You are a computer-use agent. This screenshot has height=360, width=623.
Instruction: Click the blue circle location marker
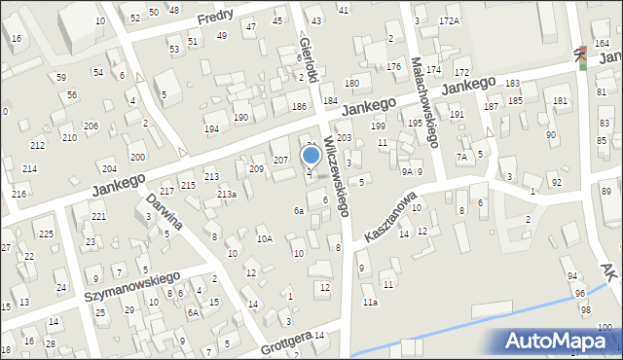coord(311,155)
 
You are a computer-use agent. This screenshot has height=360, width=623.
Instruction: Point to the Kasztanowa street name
coord(391,217)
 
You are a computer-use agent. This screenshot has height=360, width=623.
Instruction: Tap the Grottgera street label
coord(286,342)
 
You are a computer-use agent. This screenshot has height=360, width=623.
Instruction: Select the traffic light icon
coord(581,58)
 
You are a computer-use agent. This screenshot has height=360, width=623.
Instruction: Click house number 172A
coord(449,20)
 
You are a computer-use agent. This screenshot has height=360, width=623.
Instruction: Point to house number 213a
coord(227,195)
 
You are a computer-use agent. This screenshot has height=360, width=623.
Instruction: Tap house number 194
coord(211,129)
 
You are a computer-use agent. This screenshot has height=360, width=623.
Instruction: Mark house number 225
coord(46,234)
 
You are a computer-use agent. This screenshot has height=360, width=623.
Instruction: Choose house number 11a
coord(370,303)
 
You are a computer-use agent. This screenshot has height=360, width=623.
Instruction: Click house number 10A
coord(264,238)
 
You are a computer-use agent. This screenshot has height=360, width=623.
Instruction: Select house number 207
coord(279,160)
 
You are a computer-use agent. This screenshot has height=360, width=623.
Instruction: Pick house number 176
coord(393,66)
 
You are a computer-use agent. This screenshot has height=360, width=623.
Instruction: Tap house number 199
coord(378,126)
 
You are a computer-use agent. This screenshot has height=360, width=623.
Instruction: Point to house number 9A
coord(407,171)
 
